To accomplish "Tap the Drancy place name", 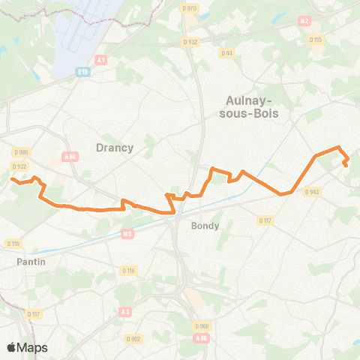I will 115,148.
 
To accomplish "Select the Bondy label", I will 205,226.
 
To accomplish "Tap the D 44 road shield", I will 226,52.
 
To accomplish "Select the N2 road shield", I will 304,22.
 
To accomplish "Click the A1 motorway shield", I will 101,59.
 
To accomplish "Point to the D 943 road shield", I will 312,192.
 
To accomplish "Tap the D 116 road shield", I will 128,270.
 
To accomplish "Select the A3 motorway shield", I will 124,311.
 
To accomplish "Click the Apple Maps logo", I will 27,347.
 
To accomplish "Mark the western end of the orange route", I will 12,179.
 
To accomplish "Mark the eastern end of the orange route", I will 345,165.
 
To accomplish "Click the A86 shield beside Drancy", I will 70,156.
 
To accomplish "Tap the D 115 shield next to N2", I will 316,39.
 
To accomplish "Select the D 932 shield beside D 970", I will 190,42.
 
